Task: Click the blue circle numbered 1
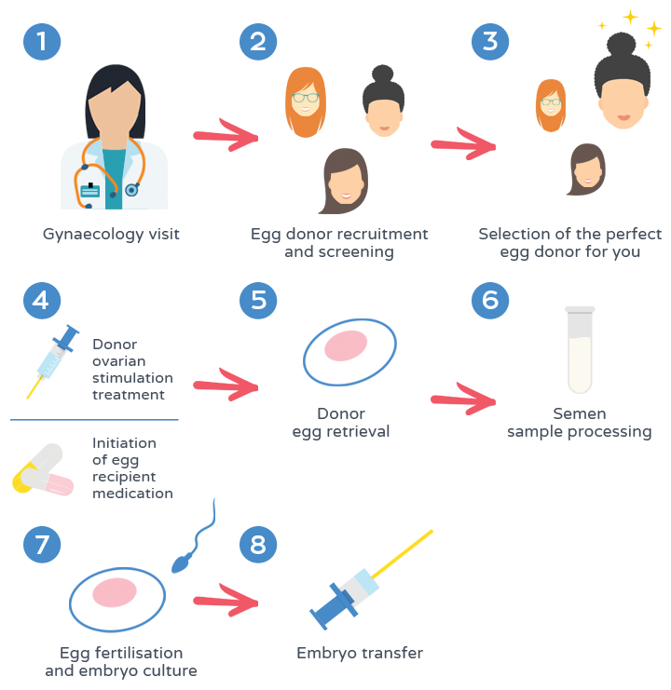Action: tap(42, 42)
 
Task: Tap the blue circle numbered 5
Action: tap(258, 301)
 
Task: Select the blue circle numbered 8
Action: tap(258, 545)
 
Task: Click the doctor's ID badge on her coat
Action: tap(90, 190)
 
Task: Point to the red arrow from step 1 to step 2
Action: tap(226, 135)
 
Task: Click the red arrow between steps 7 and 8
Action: tap(226, 601)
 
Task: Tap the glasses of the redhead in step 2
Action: tap(305, 98)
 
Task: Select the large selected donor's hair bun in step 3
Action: tap(622, 45)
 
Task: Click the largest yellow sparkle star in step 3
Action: tap(631, 17)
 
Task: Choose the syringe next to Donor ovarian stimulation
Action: tap(53, 361)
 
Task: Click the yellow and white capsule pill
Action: tap(37, 467)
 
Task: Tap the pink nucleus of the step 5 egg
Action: tap(346, 345)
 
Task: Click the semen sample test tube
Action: tap(580, 350)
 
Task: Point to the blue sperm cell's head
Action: tap(180, 563)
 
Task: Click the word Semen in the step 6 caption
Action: tap(580, 413)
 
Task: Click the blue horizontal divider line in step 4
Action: tap(94, 420)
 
